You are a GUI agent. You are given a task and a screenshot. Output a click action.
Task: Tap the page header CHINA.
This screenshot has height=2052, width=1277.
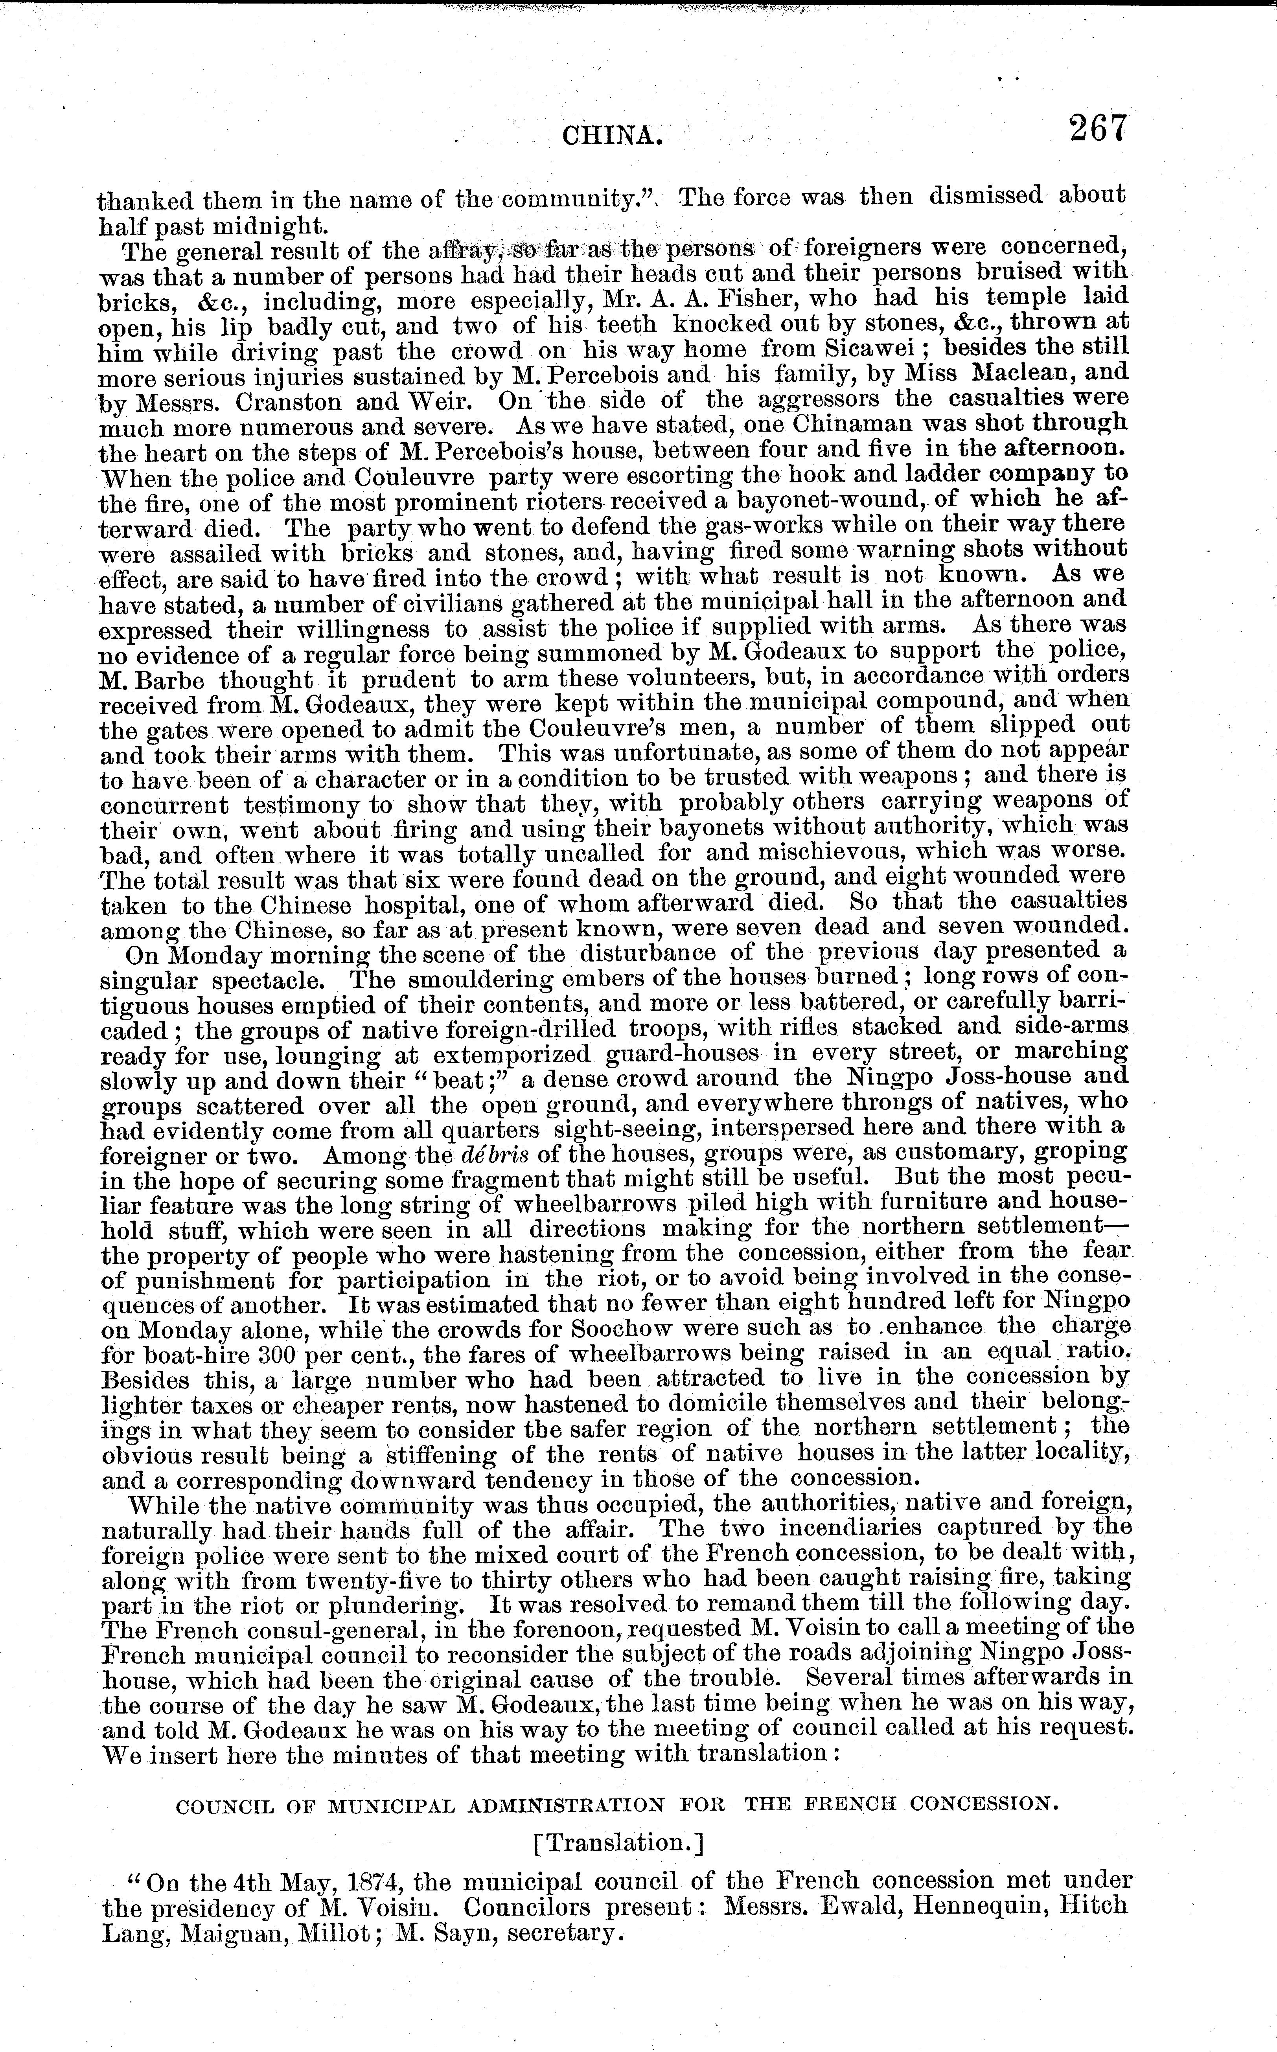tap(611, 134)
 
